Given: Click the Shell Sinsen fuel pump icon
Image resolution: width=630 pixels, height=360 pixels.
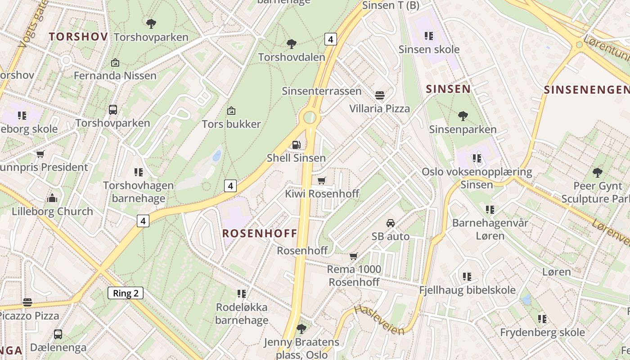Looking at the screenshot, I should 297,144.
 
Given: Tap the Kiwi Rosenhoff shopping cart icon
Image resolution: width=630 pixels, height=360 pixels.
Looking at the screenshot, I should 321,180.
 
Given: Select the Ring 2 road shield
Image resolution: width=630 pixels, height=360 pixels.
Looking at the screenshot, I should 126,293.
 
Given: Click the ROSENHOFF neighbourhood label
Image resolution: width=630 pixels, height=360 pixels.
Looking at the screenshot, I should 260,233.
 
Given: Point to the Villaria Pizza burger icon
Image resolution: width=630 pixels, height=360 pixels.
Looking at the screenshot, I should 380,95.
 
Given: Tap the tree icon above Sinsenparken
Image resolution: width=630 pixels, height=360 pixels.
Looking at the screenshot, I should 463,116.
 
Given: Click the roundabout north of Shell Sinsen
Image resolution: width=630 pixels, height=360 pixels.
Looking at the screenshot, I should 310,117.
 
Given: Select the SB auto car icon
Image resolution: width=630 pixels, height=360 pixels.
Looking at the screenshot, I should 391,223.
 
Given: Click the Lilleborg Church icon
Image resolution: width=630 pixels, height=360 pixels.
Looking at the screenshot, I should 52,198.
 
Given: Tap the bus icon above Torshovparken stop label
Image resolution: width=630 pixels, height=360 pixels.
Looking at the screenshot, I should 113,109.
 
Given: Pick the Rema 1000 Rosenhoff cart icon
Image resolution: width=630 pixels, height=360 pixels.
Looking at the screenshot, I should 354,256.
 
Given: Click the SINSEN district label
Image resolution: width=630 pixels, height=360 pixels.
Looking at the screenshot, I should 448,89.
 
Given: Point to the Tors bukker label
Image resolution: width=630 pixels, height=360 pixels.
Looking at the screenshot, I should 231,124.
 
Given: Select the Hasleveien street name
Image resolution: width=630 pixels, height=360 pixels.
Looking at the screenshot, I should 379,320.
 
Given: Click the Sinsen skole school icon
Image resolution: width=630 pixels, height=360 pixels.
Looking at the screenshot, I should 429,36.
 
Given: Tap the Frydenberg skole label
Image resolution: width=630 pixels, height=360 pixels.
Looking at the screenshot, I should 542,333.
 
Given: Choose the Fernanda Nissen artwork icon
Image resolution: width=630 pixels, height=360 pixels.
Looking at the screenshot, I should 115,63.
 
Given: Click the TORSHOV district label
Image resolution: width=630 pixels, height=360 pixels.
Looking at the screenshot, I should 78,37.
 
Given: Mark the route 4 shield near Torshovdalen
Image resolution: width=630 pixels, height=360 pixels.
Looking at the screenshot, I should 330,39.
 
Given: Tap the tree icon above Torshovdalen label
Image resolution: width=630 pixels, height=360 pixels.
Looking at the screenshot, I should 292,44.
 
